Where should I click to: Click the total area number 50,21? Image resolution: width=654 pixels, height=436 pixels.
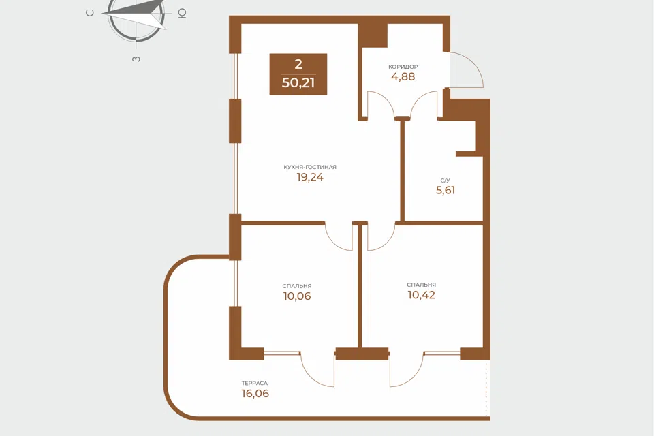click(298, 82)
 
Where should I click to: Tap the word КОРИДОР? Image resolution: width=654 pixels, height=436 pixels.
click(403, 67)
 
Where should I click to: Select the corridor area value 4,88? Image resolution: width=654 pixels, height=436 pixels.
click(403, 76)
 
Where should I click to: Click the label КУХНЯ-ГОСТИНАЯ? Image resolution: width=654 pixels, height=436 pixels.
click(310, 167)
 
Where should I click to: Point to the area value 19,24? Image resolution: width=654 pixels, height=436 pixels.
click(310, 177)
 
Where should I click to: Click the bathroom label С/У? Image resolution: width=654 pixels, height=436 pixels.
click(445, 181)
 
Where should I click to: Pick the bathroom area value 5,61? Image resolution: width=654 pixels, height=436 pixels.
click(446, 190)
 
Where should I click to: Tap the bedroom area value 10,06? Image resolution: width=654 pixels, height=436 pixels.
click(297, 296)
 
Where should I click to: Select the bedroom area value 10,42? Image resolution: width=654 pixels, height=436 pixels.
click(421, 295)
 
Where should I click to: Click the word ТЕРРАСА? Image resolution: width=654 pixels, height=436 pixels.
click(254, 383)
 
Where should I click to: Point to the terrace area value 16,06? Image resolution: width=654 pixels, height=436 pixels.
click(255, 394)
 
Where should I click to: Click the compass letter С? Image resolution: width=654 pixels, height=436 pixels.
click(90, 13)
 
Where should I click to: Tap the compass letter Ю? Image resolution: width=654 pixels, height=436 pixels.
click(182, 14)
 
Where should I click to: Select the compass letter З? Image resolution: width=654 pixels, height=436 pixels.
click(136, 59)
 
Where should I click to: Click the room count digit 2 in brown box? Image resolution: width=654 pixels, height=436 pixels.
click(298, 64)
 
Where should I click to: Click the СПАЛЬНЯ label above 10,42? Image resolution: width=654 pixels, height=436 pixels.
click(421, 285)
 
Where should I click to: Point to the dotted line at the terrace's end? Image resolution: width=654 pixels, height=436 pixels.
click(486, 389)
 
